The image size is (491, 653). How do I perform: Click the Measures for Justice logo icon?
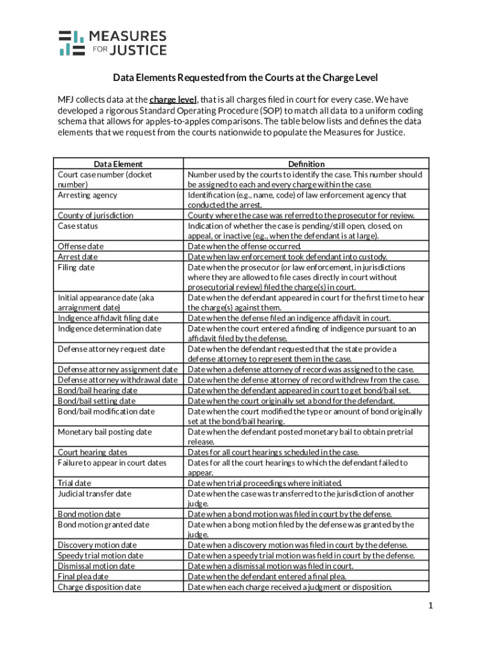click(71, 43)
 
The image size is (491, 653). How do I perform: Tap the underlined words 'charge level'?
click(173, 100)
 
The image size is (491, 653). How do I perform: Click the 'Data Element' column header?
click(118, 164)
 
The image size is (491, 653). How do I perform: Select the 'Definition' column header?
click(306, 164)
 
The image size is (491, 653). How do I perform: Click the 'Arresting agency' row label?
click(87, 195)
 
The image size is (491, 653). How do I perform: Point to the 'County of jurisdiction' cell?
click(96, 216)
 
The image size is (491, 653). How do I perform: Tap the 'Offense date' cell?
click(80, 246)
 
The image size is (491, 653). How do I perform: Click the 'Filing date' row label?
click(76, 267)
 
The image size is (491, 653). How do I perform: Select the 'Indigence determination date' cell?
click(110, 328)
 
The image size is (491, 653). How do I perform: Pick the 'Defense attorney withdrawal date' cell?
click(117, 380)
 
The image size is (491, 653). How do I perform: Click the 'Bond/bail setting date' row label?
click(96, 401)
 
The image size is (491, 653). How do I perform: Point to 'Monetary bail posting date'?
click(105, 432)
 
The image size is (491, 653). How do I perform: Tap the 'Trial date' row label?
click(74, 483)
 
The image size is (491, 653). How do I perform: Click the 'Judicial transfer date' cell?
click(94, 494)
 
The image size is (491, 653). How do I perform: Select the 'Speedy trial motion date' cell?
click(100, 555)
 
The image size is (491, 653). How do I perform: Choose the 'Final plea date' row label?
click(83, 576)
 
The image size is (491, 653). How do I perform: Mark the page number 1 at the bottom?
click(431, 605)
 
